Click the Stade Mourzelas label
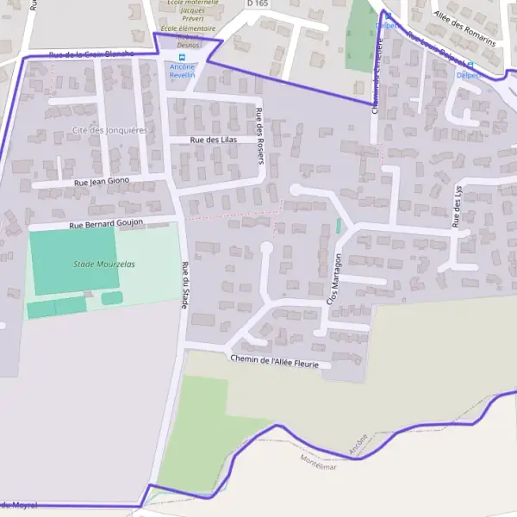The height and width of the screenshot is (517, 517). (104, 264)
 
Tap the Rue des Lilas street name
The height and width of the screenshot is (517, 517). (214, 140)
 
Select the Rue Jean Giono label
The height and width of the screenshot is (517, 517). (102, 181)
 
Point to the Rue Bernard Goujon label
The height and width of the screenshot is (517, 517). (104, 224)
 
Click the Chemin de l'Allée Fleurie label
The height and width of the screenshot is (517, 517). (275, 362)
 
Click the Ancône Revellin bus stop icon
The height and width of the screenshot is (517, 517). (182, 57)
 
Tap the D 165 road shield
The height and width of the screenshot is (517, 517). (256, 4)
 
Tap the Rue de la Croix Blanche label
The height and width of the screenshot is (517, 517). (91, 54)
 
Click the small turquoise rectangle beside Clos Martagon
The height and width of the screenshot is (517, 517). (339, 226)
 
